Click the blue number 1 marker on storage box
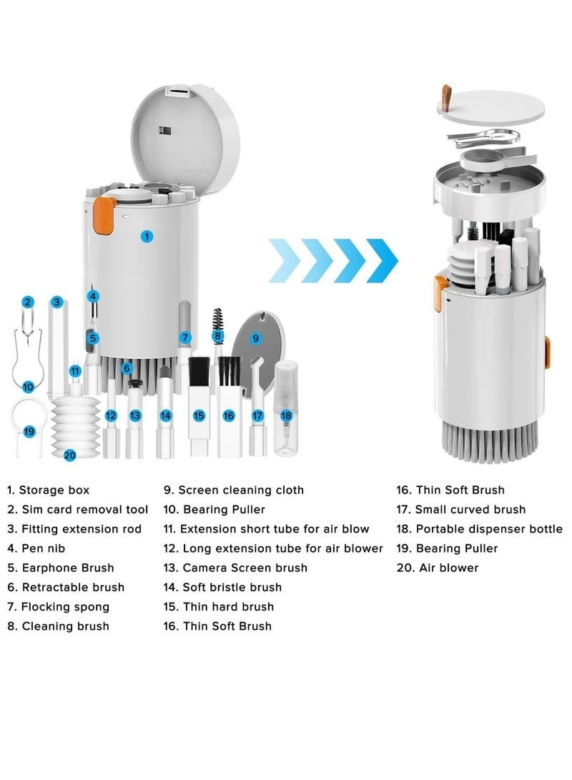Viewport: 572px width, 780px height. click(147, 235)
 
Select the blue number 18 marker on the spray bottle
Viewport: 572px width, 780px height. click(286, 415)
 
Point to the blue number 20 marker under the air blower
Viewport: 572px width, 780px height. click(69, 455)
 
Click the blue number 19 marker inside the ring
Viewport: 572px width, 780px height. click(29, 431)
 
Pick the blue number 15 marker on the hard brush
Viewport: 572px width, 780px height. click(199, 415)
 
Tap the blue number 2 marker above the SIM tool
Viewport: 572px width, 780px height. click(27, 302)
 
